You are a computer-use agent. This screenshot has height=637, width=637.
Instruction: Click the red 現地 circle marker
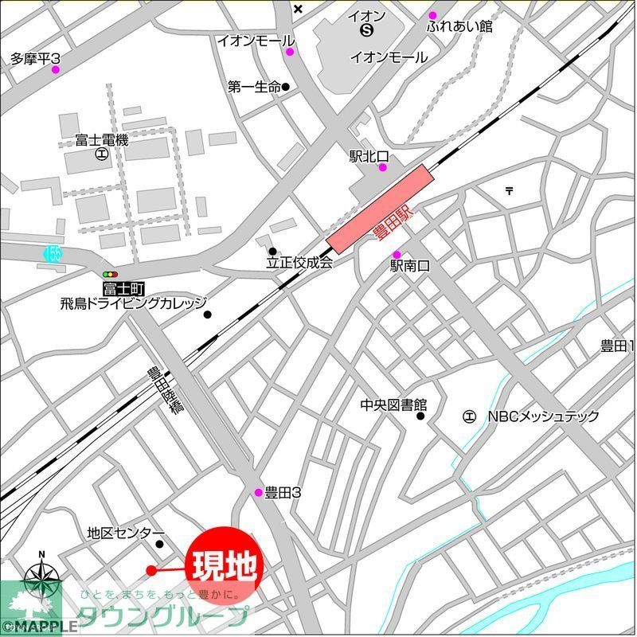224,565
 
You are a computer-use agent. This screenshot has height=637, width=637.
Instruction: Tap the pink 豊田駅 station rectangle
379,208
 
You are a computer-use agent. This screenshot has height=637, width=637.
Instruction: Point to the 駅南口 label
409,267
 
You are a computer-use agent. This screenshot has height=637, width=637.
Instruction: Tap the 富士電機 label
102,140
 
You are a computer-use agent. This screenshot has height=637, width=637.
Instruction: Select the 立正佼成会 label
299,262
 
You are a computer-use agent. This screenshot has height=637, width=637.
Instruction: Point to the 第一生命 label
254,87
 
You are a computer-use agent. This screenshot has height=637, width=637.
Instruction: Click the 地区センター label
126,533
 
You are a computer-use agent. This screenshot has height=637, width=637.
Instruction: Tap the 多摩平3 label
36,58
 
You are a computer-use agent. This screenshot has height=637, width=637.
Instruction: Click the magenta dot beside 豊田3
258,492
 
